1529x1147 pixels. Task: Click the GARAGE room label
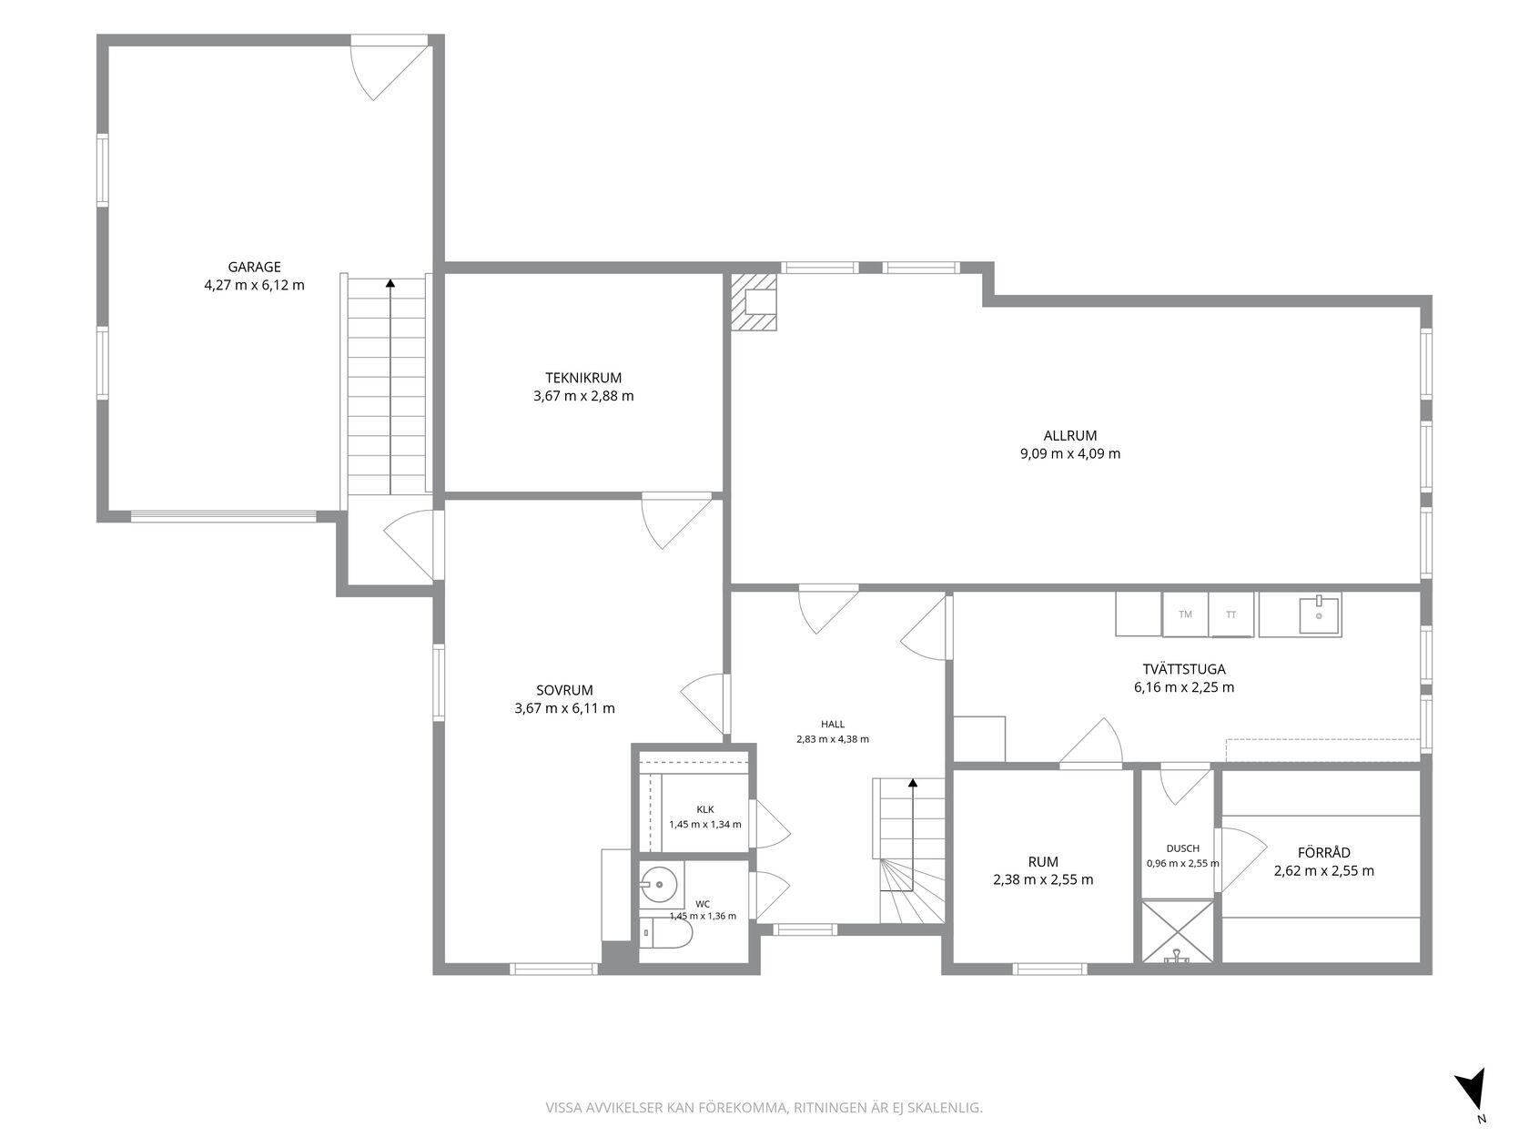pyautogui.click(x=254, y=267)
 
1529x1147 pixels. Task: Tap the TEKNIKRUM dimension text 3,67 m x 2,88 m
pyautogui.click(x=583, y=396)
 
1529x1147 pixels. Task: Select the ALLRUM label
pyautogui.click(x=1070, y=436)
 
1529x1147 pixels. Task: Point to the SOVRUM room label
pyautogui.click(x=564, y=690)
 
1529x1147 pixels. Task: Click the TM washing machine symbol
pyautogui.click(x=1185, y=614)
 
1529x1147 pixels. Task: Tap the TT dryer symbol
pyautogui.click(x=1230, y=614)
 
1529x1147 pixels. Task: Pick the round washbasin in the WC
pyautogui.click(x=659, y=885)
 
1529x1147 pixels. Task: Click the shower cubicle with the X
pyautogui.click(x=1177, y=932)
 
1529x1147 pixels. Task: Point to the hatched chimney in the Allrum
pyautogui.click(x=754, y=301)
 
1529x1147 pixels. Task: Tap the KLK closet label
pyautogui.click(x=705, y=809)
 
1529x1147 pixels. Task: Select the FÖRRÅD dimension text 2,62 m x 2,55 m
pyautogui.click(x=1323, y=870)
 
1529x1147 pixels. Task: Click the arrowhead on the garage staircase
pyautogui.click(x=390, y=283)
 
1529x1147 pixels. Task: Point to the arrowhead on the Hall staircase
pyautogui.click(x=913, y=783)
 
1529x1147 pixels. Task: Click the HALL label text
pyautogui.click(x=833, y=725)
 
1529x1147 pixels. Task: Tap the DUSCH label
pyautogui.click(x=1183, y=848)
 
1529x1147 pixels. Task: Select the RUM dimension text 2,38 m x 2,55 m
pyautogui.click(x=1043, y=879)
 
